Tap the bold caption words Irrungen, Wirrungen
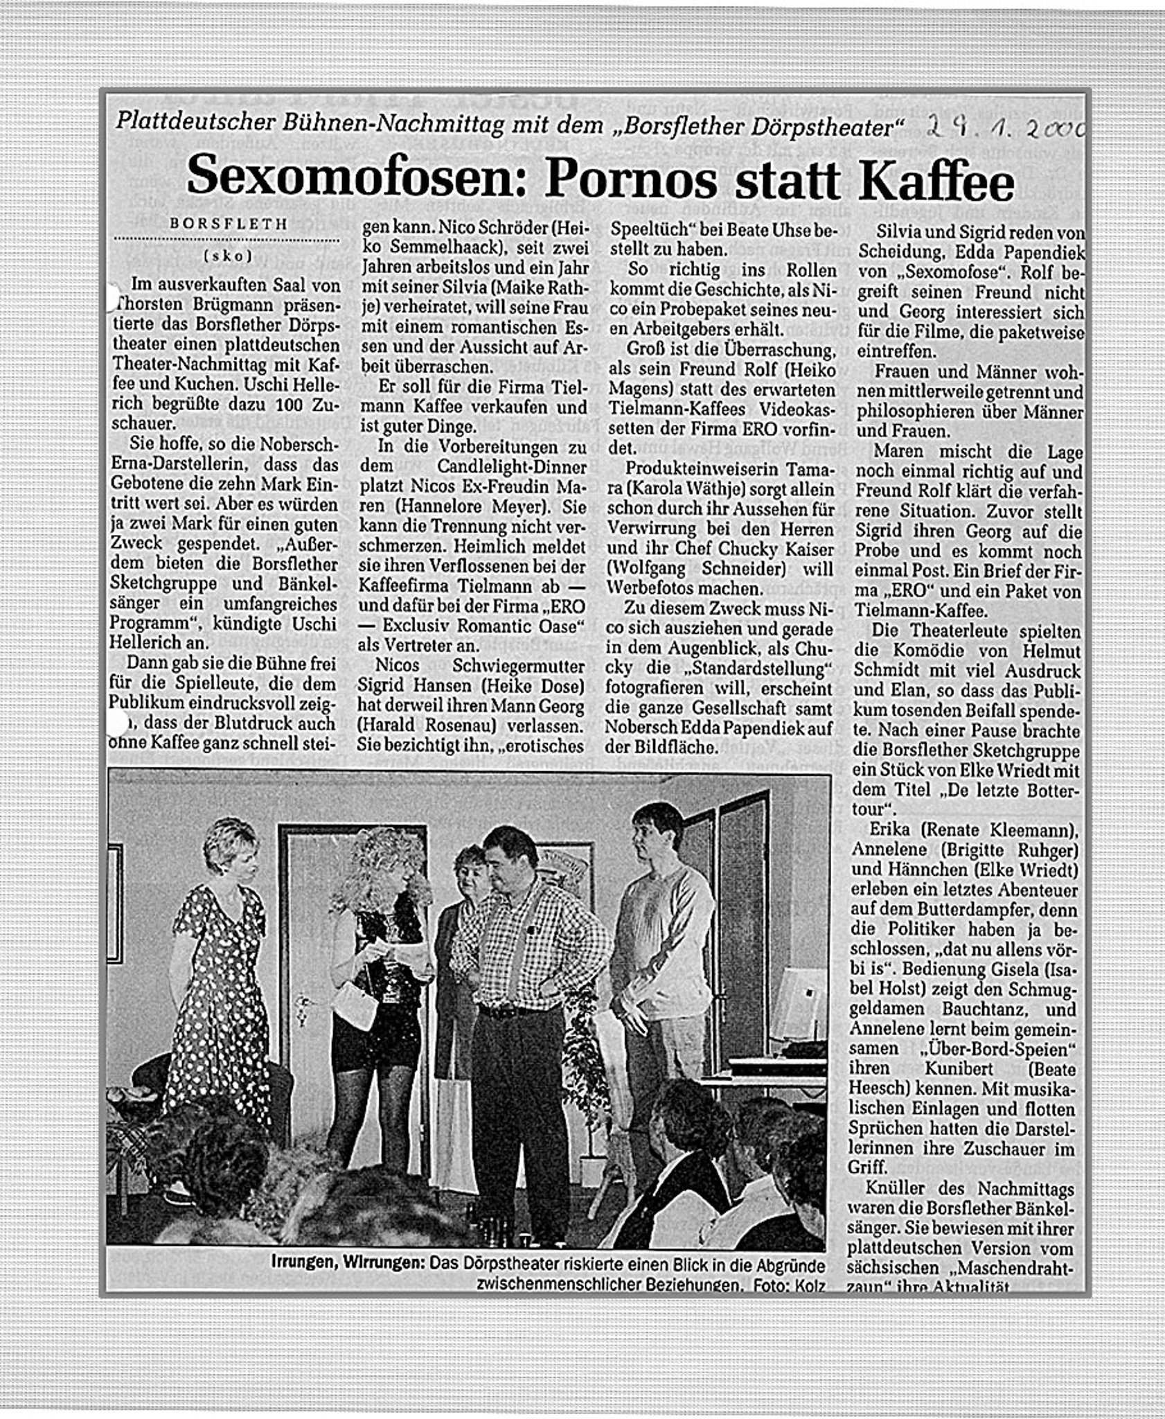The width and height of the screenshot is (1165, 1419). (348, 1265)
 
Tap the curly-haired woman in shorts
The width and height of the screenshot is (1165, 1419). (374, 970)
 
